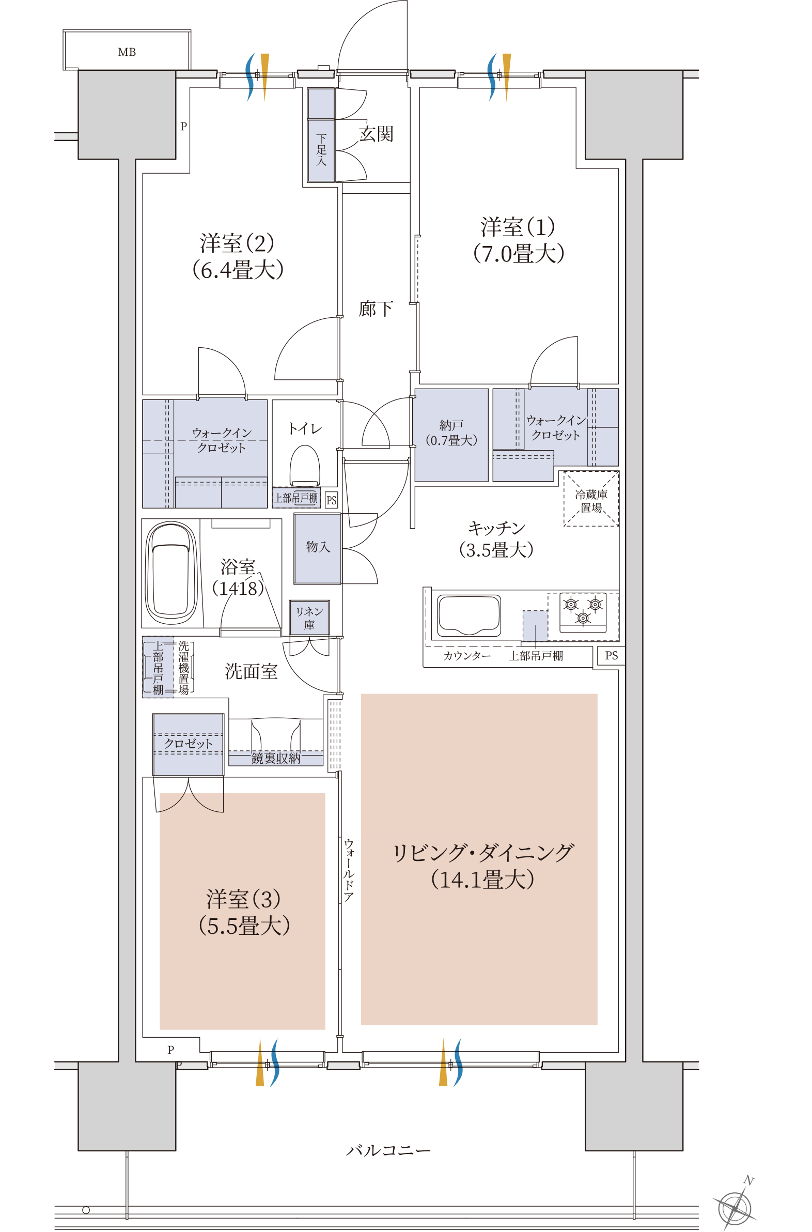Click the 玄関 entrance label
(376, 134)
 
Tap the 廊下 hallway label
(376, 310)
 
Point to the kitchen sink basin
(469, 615)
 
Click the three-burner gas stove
(583, 611)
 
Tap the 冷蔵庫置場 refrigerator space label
(591, 500)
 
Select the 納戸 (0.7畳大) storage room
(451, 434)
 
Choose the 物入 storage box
(318, 547)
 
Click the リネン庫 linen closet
(309, 618)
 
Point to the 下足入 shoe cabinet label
(321, 150)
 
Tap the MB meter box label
(127, 52)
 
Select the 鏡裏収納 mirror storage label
(275, 758)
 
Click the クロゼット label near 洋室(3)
(188, 744)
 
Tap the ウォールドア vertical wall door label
(349, 870)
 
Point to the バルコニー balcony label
(388, 1150)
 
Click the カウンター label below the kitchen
(466, 656)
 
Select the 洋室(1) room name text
(518, 227)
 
